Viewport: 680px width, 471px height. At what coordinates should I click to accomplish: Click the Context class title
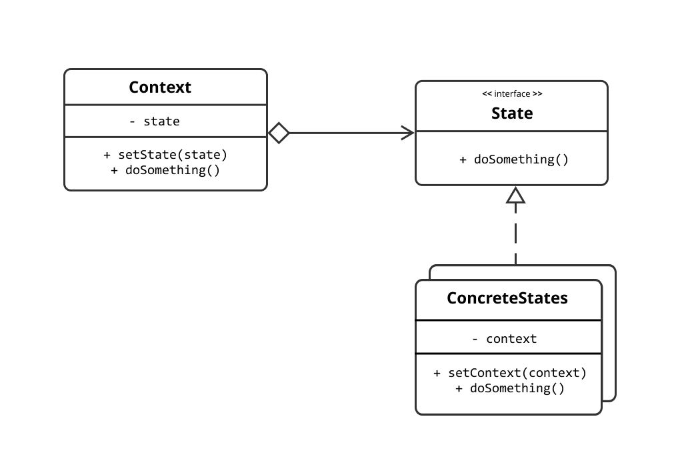(x=160, y=87)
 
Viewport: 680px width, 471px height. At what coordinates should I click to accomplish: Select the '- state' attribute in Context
(x=155, y=121)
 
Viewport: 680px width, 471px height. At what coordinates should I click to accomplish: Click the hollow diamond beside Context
(x=279, y=133)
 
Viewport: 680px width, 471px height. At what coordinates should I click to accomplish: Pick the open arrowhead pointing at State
(x=407, y=133)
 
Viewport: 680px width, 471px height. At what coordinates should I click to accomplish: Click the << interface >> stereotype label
(x=512, y=94)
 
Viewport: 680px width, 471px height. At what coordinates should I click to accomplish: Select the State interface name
(x=512, y=113)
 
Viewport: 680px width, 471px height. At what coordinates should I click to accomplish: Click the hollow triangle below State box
(x=515, y=195)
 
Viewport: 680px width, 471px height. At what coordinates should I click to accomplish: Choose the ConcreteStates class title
(x=507, y=298)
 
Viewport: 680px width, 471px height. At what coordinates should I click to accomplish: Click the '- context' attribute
(x=505, y=339)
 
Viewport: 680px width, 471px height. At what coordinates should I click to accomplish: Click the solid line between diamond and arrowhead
(x=345, y=133)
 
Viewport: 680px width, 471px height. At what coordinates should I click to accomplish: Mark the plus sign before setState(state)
(x=107, y=155)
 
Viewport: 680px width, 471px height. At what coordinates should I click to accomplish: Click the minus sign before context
(x=475, y=340)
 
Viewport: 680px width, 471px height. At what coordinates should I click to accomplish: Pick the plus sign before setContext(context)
(x=437, y=374)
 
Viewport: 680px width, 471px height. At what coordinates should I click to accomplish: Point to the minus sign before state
(x=132, y=122)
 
